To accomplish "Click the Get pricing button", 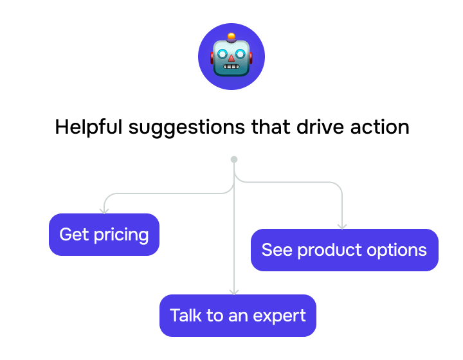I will click(x=104, y=235).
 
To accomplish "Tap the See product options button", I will click(x=344, y=250).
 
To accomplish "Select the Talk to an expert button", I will click(x=237, y=316).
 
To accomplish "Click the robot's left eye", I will click(x=222, y=54).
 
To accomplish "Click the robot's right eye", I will click(x=241, y=54).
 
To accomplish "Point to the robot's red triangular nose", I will click(x=232, y=59).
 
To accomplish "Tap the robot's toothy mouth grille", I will click(x=232, y=67).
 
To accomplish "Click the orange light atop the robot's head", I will click(x=232, y=37).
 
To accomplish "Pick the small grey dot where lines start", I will click(x=234, y=159).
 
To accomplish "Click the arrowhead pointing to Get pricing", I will click(x=104, y=210).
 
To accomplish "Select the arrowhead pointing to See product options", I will click(x=342, y=226).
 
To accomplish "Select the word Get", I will click(x=74, y=235).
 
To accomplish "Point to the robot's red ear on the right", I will click(x=250, y=58).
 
